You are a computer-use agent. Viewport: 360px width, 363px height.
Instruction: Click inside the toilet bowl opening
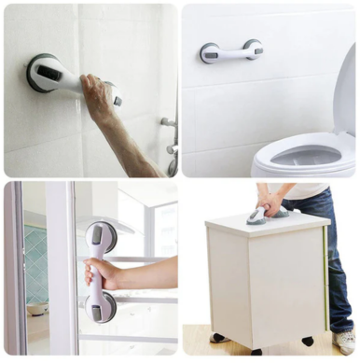click(x=302, y=156)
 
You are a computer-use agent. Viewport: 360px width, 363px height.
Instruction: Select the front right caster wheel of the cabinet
click(x=307, y=342)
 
